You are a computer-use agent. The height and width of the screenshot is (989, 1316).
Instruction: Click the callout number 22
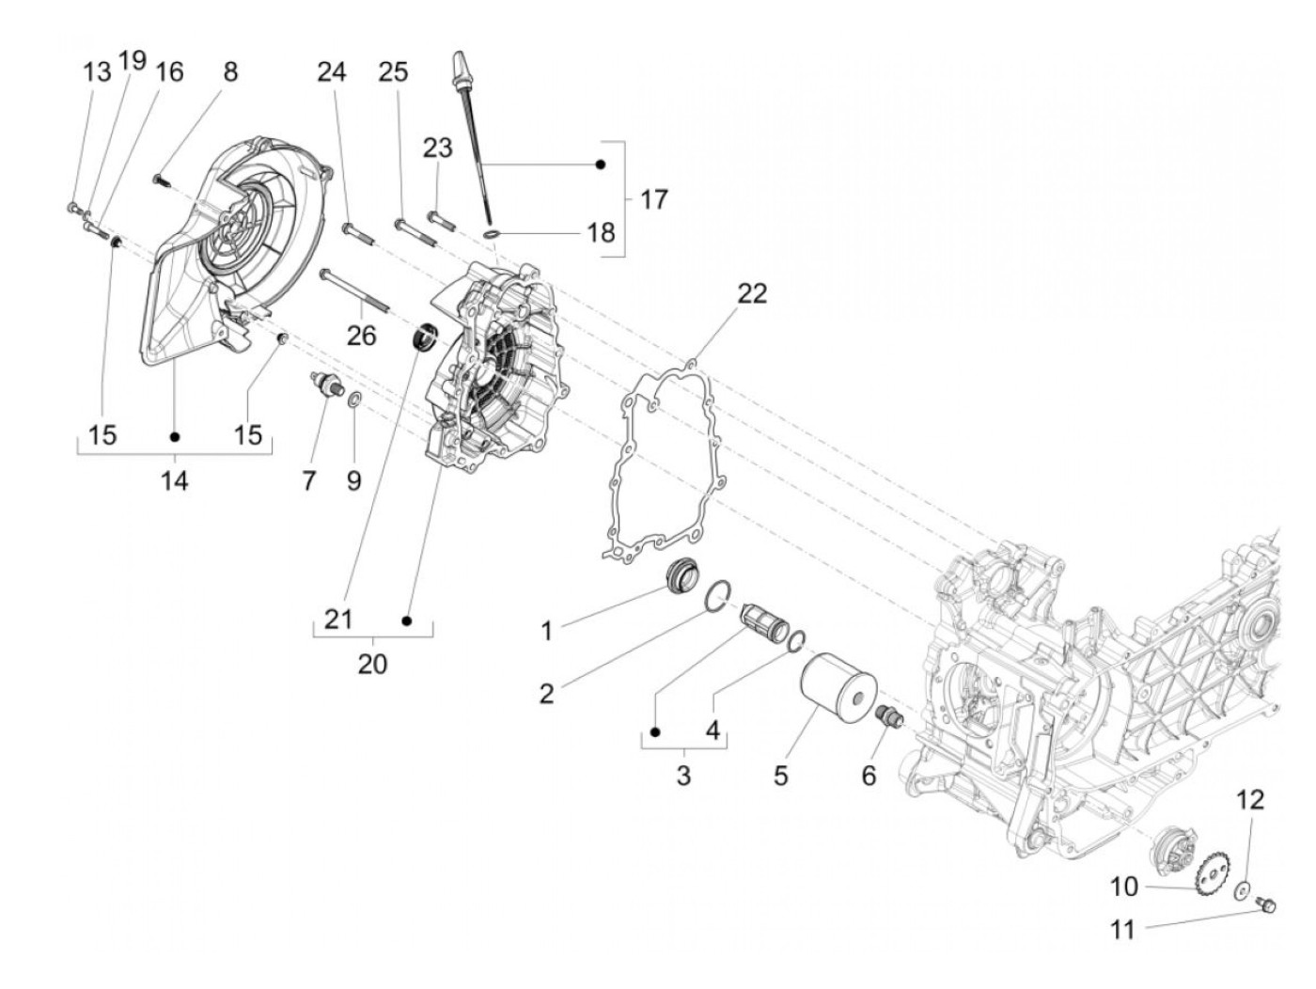(751, 293)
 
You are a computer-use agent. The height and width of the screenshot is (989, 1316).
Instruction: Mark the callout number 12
(1249, 801)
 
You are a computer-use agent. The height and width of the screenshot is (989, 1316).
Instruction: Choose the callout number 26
(362, 336)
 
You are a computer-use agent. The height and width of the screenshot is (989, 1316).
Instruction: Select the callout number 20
(372, 664)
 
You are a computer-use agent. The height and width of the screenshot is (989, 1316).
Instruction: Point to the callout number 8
(230, 71)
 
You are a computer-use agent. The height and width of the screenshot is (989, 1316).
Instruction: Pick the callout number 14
(174, 481)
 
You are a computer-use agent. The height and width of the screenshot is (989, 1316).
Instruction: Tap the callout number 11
(1122, 930)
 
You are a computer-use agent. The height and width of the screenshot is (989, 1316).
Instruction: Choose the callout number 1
(546, 631)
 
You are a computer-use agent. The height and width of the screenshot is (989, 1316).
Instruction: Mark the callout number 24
(331, 71)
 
